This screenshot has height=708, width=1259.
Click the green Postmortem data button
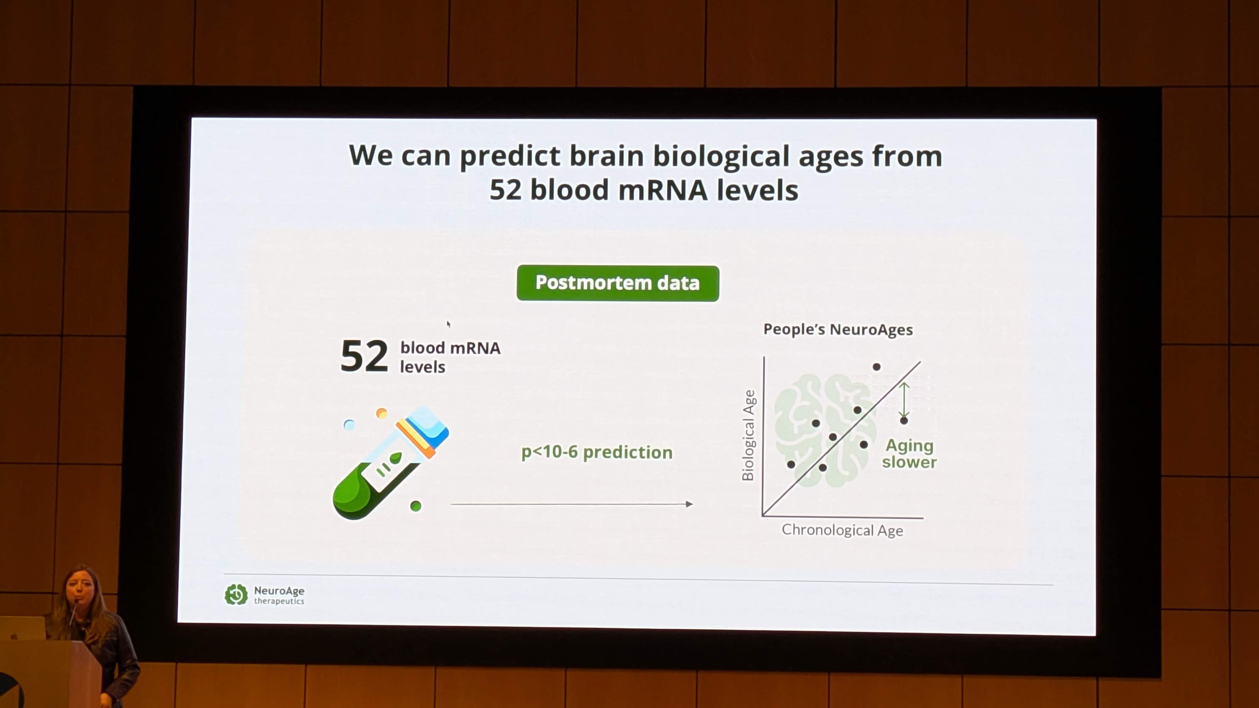(x=618, y=283)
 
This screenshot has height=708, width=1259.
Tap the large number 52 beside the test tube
(x=364, y=356)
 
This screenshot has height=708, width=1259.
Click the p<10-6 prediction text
(x=597, y=452)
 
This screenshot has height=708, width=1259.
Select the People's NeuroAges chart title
(x=838, y=329)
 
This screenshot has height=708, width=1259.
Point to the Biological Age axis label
(x=748, y=435)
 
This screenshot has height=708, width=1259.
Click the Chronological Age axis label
(x=842, y=530)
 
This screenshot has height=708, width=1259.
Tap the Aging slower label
(x=910, y=454)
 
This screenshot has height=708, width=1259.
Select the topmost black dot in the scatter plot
(x=876, y=367)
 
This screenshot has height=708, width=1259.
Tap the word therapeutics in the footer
(x=279, y=601)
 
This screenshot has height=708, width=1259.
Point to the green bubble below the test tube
(x=415, y=506)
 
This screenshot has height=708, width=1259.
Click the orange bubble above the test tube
(x=381, y=413)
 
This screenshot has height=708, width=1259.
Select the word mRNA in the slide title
(x=663, y=190)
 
